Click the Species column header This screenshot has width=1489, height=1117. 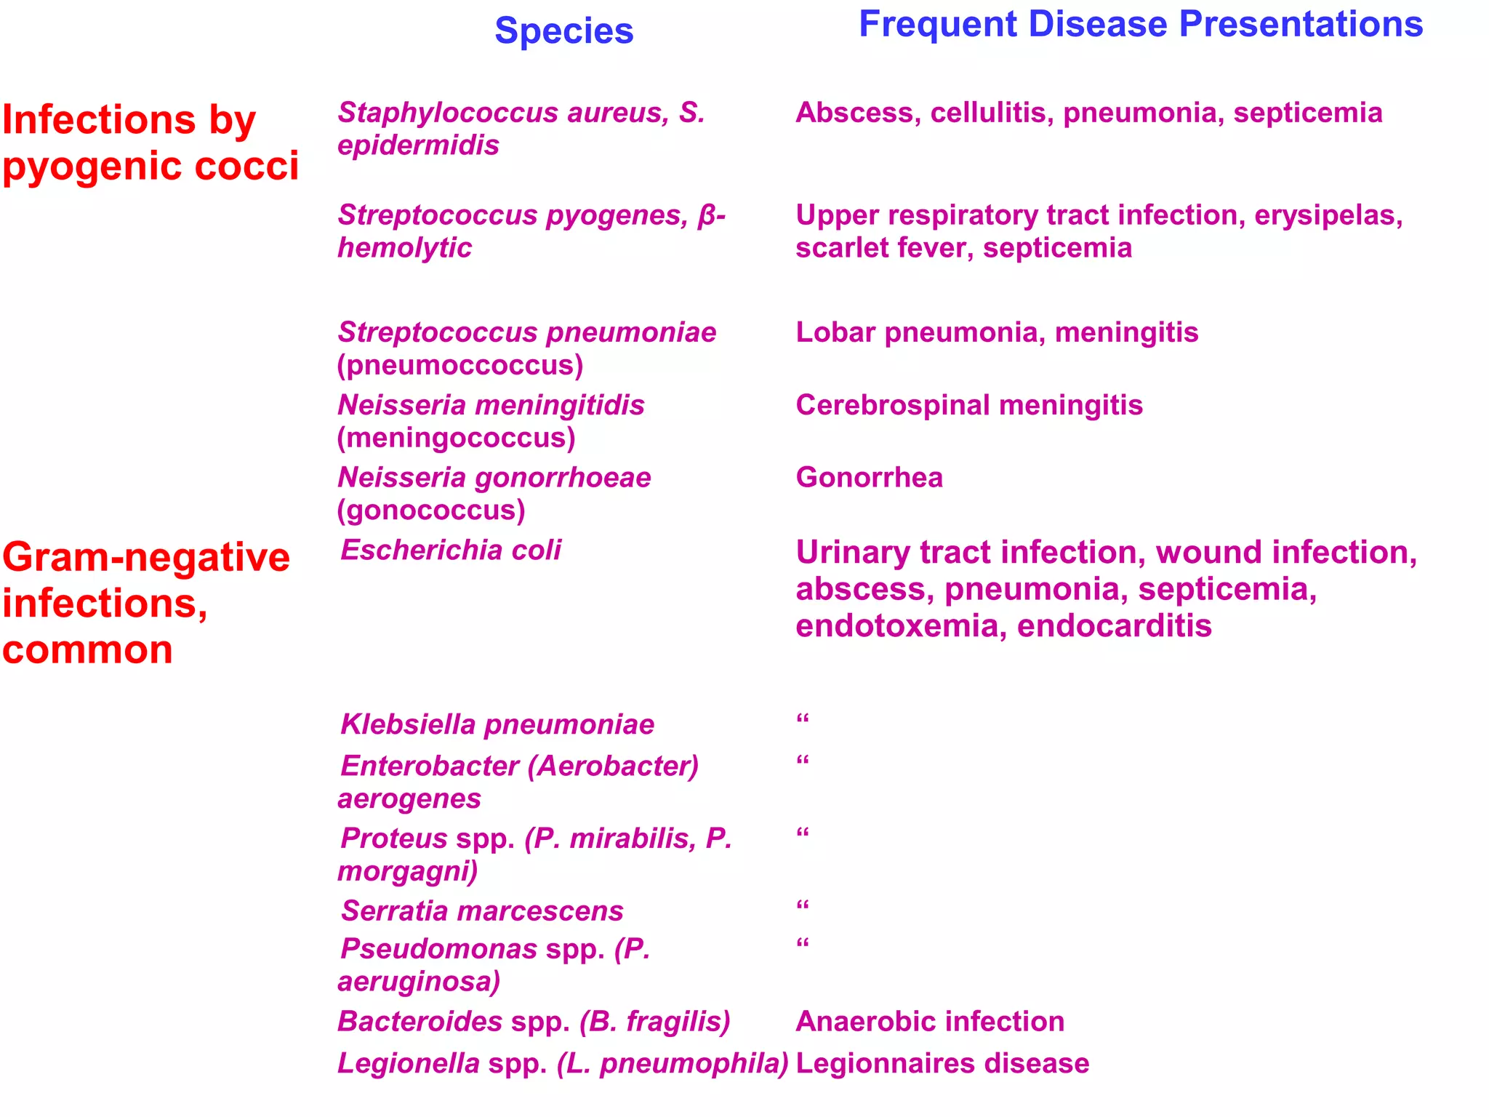pos(563,31)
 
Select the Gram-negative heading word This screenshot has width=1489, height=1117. pos(146,558)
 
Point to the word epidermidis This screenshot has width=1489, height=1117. pos(418,145)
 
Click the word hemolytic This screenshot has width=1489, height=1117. pos(404,248)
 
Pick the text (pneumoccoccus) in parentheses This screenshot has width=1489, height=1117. pos(459,365)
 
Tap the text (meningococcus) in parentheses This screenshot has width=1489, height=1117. pos(456,438)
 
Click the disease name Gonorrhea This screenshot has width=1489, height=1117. pos(869,478)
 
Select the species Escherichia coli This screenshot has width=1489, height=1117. pos(451,551)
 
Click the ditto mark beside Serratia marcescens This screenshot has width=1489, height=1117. pos(803,906)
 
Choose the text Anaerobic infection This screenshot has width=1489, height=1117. pos(930,1022)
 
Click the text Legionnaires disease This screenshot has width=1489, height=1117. pos(942,1064)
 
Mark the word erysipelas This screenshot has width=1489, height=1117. pos(1328,215)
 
